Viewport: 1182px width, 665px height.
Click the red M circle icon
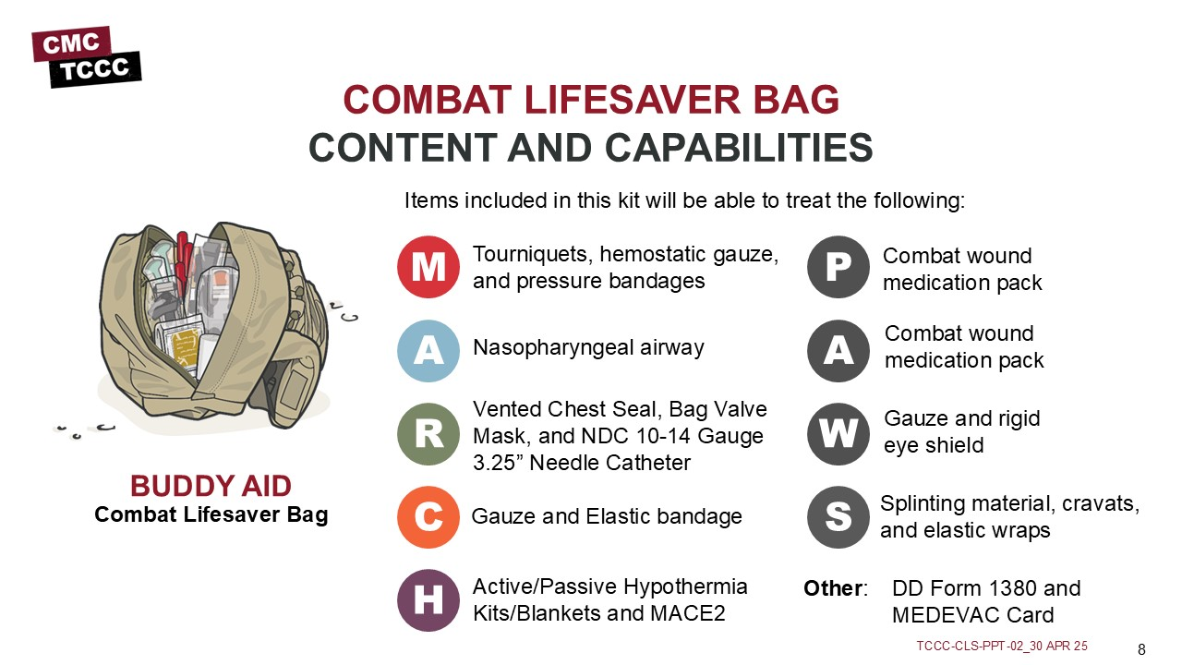(x=428, y=267)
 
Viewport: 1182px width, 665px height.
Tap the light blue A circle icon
(x=428, y=351)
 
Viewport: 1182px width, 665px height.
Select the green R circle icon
(x=428, y=434)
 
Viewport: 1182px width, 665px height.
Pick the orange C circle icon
(x=428, y=517)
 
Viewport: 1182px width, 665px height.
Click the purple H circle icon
(x=428, y=600)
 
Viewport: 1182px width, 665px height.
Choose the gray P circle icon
(x=838, y=267)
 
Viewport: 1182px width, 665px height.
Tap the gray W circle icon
(x=838, y=434)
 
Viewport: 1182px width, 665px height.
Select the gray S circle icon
(x=838, y=517)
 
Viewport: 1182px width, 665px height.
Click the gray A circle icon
(x=838, y=351)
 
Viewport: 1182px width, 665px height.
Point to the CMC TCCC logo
(x=87, y=57)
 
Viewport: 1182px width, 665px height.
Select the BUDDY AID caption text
(x=211, y=486)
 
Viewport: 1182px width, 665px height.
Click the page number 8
(x=1141, y=649)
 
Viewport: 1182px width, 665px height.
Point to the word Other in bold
(x=833, y=588)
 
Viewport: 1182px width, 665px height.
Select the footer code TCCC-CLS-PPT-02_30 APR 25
(x=1002, y=646)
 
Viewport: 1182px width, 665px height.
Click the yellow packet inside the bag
(x=184, y=349)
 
